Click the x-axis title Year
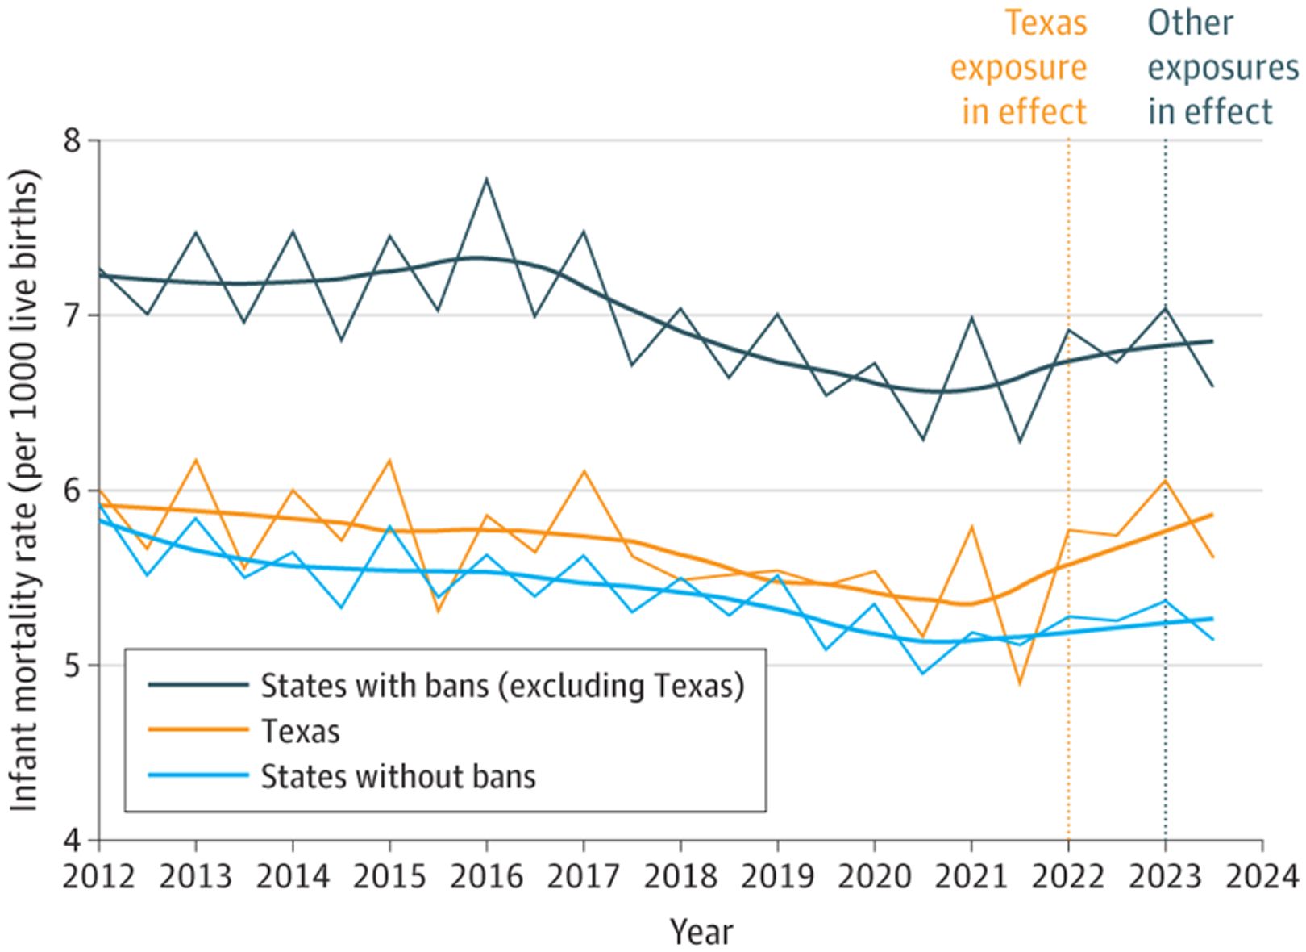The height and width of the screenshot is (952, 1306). [701, 932]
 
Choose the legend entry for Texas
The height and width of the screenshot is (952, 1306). [300, 731]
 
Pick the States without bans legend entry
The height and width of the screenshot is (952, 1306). [398, 776]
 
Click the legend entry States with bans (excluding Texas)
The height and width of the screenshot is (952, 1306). [501, 685]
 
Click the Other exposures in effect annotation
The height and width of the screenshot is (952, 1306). [1221, 68]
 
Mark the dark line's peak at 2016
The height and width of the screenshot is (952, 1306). [486, 179]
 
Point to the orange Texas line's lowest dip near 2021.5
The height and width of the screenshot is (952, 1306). [1020, 684]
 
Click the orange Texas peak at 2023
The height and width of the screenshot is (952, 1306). [1165, 480]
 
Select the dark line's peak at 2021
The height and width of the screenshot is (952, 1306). [972, 317]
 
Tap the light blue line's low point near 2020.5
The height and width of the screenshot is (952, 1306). [923, 673]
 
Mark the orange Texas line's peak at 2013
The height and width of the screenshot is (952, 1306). [195, 460]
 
